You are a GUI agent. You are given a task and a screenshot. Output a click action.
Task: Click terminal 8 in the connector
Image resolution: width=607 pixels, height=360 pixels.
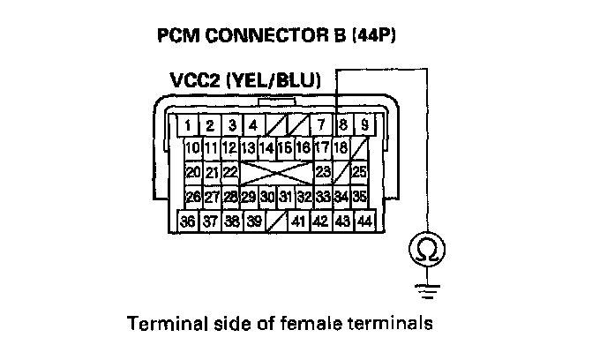[x=342, y=125]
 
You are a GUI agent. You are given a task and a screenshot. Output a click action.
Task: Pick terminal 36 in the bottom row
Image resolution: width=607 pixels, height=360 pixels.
[x=187, y=221]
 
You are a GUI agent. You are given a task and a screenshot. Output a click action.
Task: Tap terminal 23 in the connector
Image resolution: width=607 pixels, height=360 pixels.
[x=322, y=171]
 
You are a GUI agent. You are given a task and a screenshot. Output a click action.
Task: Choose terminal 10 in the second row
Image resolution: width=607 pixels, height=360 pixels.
[x=193, y=148]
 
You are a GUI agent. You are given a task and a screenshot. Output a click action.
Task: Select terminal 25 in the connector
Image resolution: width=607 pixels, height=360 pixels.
[x=359, y=171]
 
